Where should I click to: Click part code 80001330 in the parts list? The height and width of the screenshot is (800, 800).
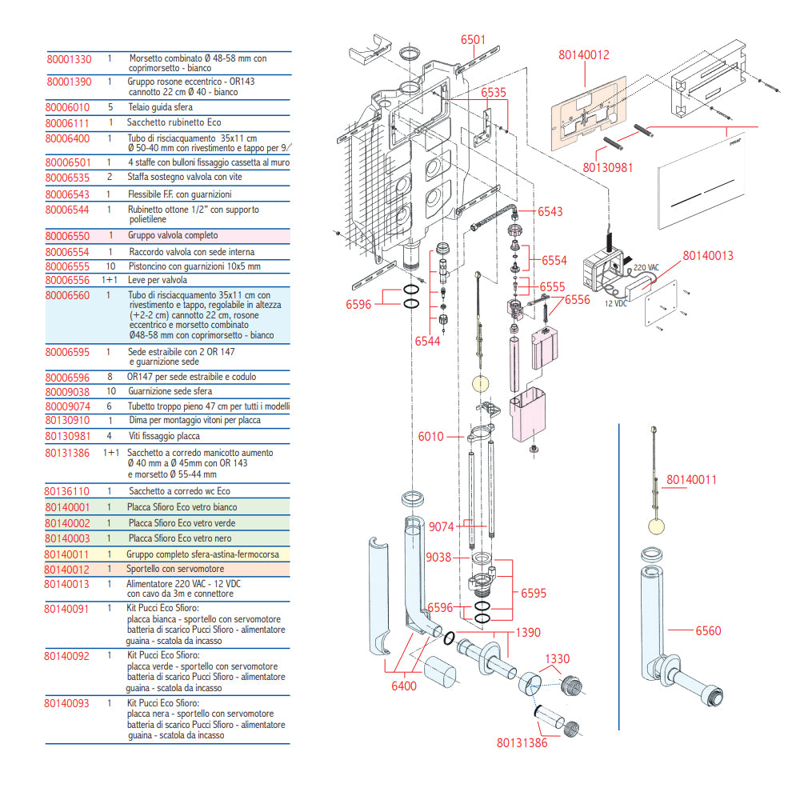tap(69, 59)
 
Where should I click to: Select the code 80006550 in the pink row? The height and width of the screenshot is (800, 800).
tap(69, 236)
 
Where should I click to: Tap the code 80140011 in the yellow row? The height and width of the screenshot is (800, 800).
tap(69, 553)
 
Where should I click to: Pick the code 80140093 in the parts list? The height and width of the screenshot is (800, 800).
tap(69, 703)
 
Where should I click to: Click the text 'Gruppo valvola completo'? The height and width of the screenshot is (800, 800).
tap(172, 236)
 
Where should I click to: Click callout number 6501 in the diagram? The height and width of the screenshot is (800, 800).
tap(473, 40)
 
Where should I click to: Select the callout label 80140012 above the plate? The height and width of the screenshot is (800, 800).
tap(584, 55)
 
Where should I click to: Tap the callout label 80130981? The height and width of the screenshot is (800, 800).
tap(608, 167)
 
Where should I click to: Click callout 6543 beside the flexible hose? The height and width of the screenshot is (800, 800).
tap(550, 212)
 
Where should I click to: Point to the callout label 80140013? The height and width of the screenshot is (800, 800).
tap(708, 256)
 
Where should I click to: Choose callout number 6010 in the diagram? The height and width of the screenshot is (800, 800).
tap(430, 437)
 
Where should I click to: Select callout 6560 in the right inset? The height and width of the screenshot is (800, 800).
tap(708, 630)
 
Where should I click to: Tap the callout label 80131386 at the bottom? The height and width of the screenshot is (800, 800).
tap(522, 742)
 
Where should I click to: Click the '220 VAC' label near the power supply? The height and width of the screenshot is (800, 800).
tap(646, 269)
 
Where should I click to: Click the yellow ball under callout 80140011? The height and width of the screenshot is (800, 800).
tap(656, 525)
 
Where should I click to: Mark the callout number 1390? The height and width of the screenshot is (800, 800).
tap(527, 632)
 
